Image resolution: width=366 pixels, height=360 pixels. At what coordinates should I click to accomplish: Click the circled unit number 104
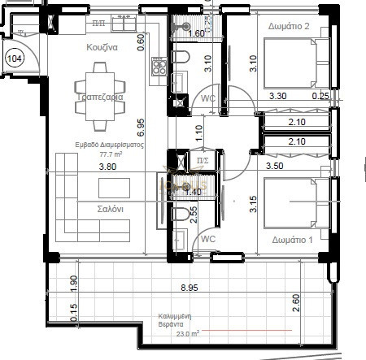coord(14,59)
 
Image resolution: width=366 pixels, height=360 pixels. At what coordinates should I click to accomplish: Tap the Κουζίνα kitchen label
coord(103,48)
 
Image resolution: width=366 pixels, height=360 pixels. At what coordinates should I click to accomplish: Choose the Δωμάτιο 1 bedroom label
coord(290,240)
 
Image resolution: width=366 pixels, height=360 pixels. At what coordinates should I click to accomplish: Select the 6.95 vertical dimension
coord(141,127)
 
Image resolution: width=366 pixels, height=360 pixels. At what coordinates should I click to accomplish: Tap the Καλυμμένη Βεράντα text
coord(176,319)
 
